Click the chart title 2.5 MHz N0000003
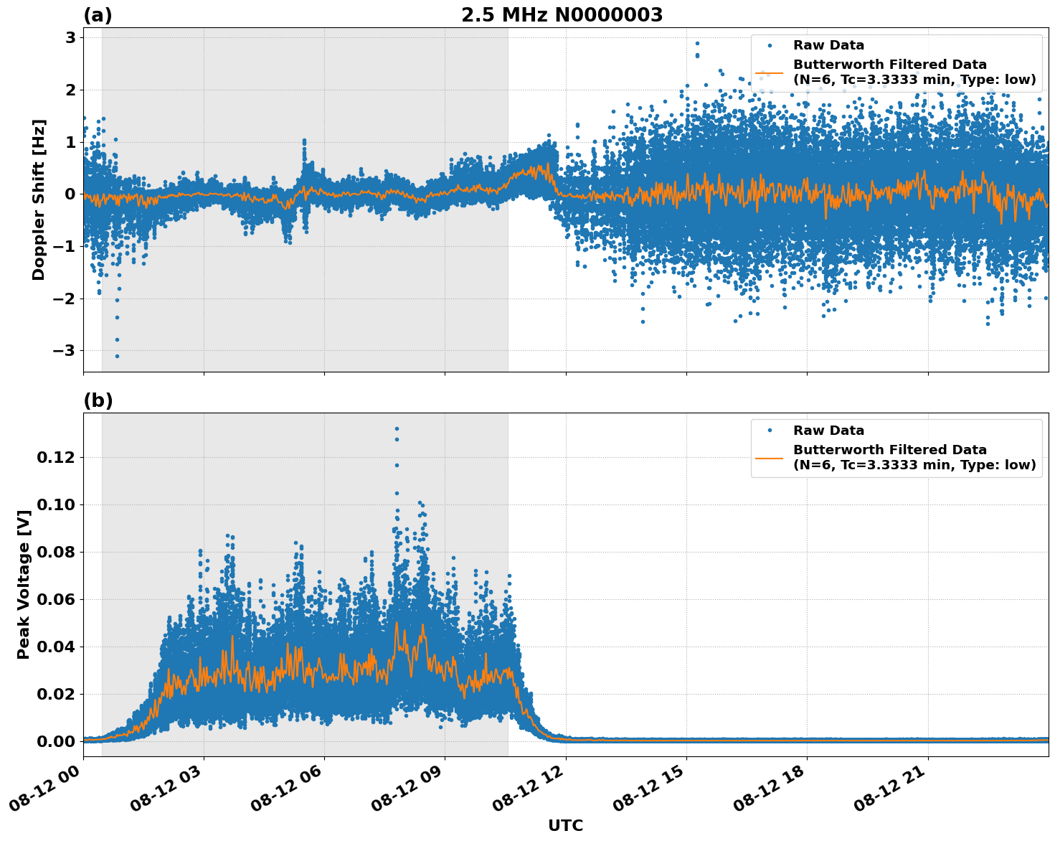click(x=562, y=15)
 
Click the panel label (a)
click(x=98, y=15)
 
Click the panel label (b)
click(x=98, y=400)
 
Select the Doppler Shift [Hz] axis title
click(x=39, y=199)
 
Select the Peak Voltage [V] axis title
click(x=24, y=585)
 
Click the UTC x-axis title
click(x=565, y=825)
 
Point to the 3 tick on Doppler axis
click(x=70, y=37)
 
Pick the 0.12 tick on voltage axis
click(x=60, y=457)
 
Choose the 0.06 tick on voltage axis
click(x=60, y=599)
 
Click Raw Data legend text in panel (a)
click(x=828, y=45)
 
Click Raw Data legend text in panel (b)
click(x=828, y=431)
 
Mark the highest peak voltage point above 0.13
click(x=397, y=428)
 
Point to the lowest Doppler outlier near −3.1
click(x=117, y=356)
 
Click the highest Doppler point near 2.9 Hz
click(x=696, y=43)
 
